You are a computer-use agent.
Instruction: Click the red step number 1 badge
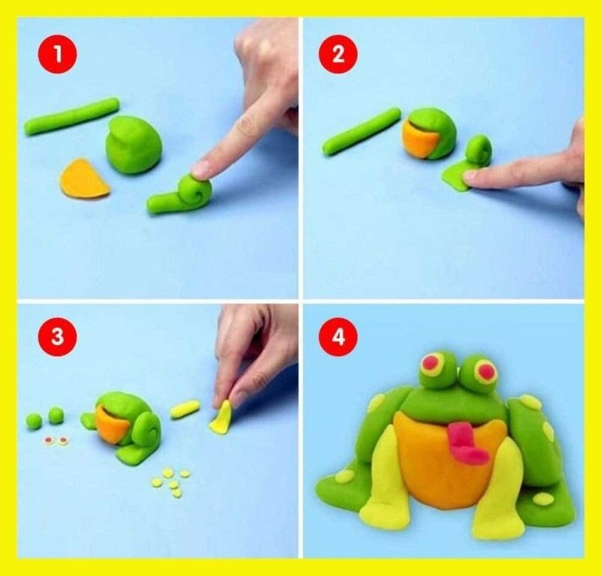(58, 54)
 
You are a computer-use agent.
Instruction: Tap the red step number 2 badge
(338, 54)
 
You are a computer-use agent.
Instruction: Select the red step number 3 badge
(58, 337)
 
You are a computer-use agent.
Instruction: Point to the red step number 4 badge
(338, 337)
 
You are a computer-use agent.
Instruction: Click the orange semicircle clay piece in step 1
(84, 179)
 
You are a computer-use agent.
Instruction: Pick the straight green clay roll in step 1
(72, 116)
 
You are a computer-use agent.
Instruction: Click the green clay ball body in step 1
(133, 145)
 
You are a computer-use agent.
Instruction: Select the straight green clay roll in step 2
(361, 131)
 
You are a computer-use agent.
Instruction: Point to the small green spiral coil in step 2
(479, 151)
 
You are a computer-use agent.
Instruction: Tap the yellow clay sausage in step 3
(185, 409)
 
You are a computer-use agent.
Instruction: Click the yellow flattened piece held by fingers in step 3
(221, 418)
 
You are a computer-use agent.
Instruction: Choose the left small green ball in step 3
(34, 421)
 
